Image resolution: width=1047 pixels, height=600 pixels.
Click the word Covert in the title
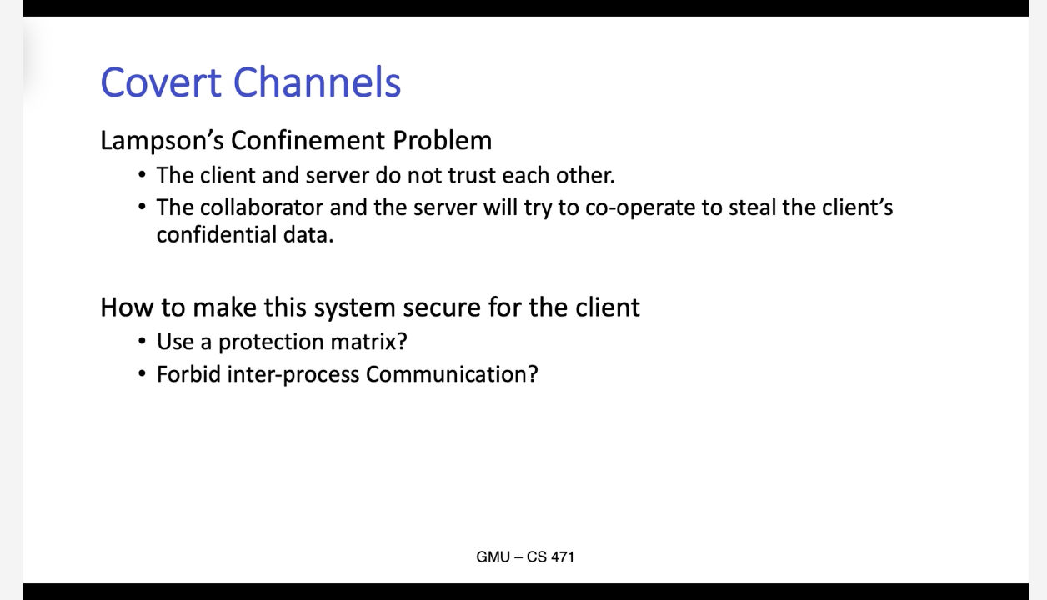click(x=161, y=82)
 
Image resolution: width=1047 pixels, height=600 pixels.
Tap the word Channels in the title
click(x=317, y=82)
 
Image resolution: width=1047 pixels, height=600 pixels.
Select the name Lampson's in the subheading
click(x=163, y=141)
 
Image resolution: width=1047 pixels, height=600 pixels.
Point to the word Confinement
click(x=308, y=140)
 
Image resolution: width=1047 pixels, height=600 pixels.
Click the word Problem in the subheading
click(x=442, y=140)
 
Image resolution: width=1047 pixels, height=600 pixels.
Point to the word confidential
click(x=217, y=234)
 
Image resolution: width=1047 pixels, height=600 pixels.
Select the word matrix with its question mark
click(x=368, y=342)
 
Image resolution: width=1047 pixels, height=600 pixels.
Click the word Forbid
click(x=188, y=374)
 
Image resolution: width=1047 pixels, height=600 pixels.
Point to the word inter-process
click(x=293, y=375)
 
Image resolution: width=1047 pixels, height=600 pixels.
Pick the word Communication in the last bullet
click(x=452, y=374)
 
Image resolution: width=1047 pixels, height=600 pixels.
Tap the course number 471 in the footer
click(x=563, y=557)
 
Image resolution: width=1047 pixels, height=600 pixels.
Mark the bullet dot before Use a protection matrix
click(x=142, y=342)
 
